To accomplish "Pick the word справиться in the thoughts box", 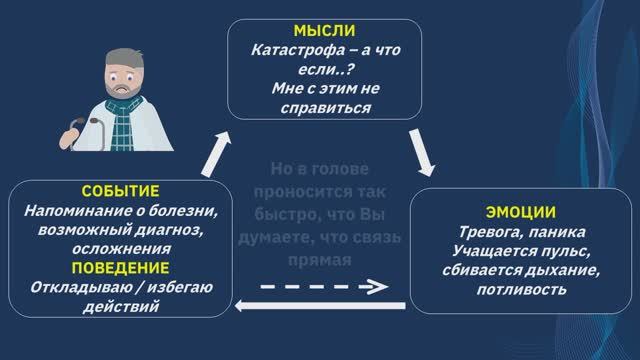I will click(320, 109).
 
